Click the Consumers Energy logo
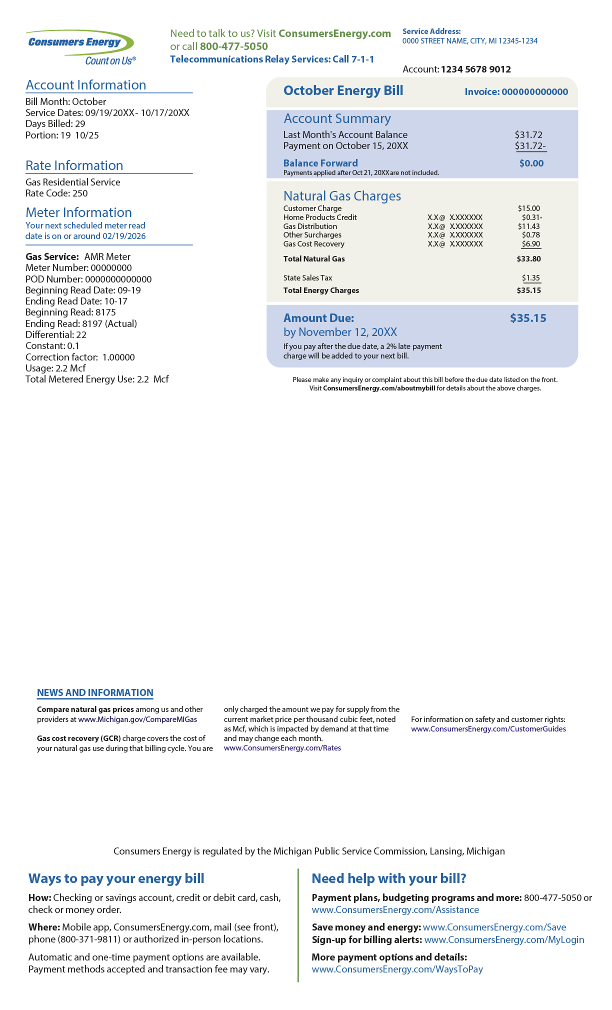[80, 47]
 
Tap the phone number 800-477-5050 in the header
[233, 46]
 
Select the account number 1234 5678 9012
[475, 69]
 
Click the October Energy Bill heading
[343, 90]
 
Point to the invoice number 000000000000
[534, 92]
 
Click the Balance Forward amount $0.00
[531, 163]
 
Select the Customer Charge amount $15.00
[528, 208]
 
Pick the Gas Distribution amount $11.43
[528, 226]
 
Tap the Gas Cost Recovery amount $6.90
[530, 244]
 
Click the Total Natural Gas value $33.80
[528, 259]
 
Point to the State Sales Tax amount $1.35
[530, 278]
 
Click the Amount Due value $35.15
[527, 318]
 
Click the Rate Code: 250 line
[56, 193]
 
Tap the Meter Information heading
[78, 212]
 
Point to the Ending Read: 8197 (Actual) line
[81, 323]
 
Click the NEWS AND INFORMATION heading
[95, 693]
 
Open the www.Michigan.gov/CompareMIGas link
[137, 719]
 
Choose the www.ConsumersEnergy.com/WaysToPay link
[397, 969]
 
